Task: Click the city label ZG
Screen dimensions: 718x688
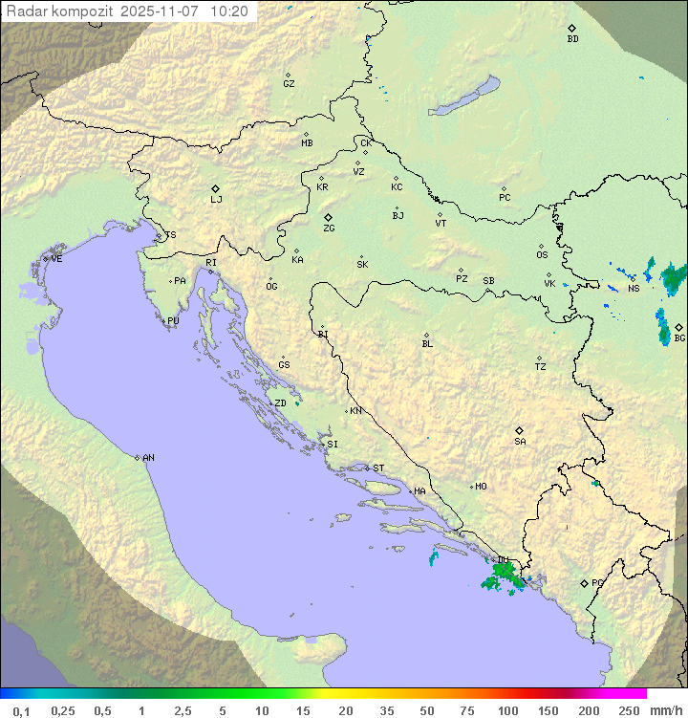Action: pos(329,228)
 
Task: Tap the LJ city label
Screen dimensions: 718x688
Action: pos(216,200)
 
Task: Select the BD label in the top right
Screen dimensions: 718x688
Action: pos(572,39)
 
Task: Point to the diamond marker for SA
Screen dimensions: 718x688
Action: pos(520,430)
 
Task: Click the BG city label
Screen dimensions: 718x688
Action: pos(679,337)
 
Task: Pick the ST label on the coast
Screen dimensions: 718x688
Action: pos(378,468)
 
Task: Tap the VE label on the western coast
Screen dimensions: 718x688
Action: pos(56,259)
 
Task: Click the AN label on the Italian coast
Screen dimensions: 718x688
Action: pos(148,458)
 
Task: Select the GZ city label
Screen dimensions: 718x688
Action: pos(289,84)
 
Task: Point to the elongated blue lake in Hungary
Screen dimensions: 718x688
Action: pos(464,97)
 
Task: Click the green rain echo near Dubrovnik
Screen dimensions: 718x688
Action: pos(502,577)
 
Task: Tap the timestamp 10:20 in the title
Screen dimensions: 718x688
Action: pos(229,11)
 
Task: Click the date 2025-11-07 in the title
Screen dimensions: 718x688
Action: pos(162,11)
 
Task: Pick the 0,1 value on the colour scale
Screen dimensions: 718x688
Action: pos(21,710)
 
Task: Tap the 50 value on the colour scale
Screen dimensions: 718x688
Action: pos(425,710)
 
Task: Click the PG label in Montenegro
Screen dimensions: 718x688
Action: pos(597,582)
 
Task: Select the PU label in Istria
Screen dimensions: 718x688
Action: pos(173,321)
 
